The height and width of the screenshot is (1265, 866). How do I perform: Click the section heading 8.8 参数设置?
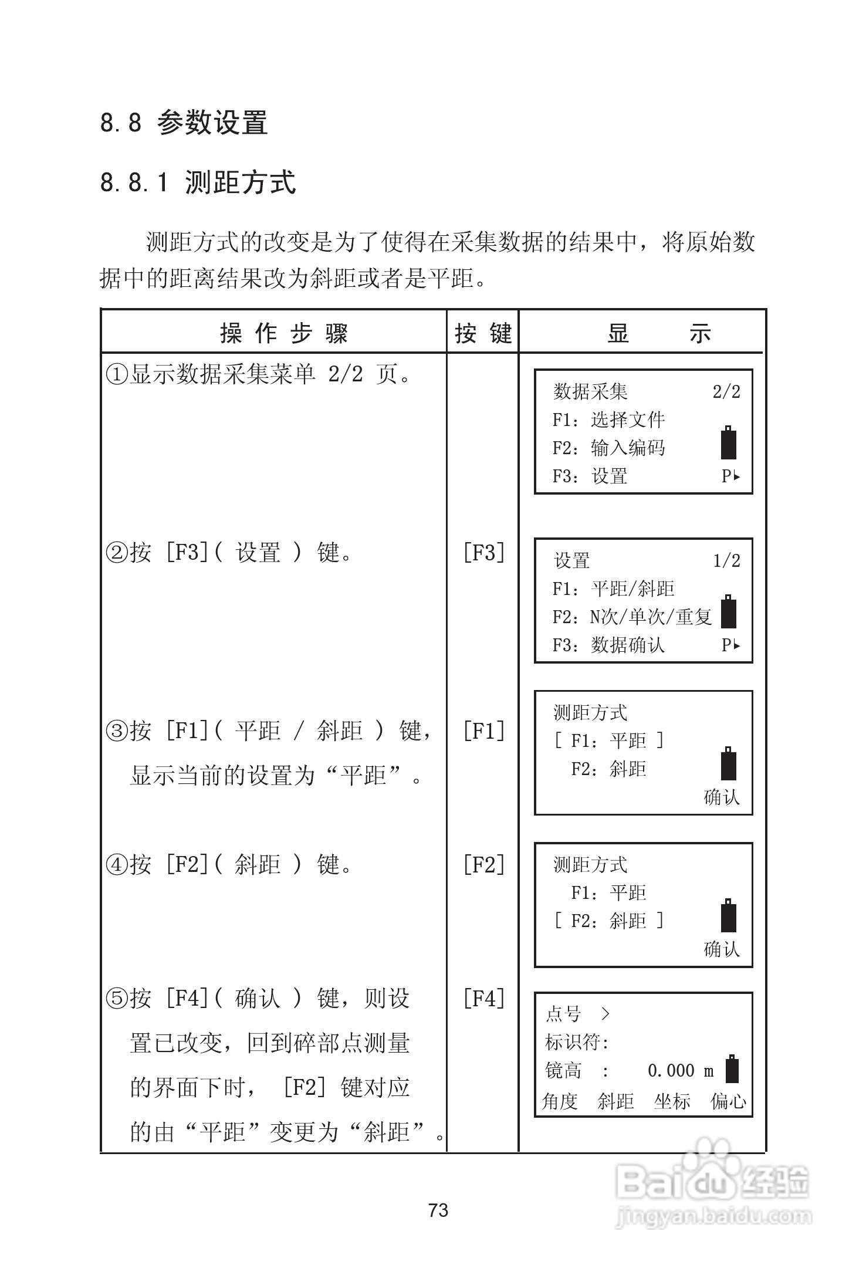pyautogui.click(x=184, y=123)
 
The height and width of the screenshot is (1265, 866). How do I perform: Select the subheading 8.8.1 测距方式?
pyautogui.click(x=198, y=182)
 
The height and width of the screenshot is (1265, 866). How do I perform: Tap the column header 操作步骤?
pyautogui.click(x=284, y=333)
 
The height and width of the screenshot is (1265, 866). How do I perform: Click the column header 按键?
pyautogui.click(x=483, y=333)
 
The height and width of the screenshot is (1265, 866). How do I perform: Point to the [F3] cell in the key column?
pyautogui.click(x=483, y=552)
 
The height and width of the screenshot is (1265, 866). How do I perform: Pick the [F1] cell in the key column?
pyautogui.click(x=483, y=730)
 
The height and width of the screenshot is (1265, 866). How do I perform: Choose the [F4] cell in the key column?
pyautogui.click(x=483, y=998)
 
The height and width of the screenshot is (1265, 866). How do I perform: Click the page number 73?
pyautogui.click(x=438, y=1210)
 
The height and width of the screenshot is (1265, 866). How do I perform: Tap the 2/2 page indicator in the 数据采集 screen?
pyautogui.click(x=726, y=391)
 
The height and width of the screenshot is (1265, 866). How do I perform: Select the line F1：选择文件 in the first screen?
pyautogui.click(x=608, y=420)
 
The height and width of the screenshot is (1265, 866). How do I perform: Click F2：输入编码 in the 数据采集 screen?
pyautogui.click(x=608, y=448)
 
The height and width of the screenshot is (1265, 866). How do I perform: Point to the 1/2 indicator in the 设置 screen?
pyautogui.click(x=726, y=560)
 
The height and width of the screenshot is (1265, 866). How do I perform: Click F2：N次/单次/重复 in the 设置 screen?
pyautogui.click(x=632, y=617)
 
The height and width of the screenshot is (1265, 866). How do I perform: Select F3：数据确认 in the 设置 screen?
pyautogui.click(x=608, y=645)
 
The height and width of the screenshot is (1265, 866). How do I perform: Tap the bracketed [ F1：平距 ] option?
pyautogui.click(x=608, y=740)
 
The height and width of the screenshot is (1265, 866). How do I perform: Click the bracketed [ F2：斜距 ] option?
pyautogui.click(x=608, y=921)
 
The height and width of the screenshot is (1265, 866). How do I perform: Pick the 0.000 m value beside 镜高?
pyautogui.click(x=681, y=1071)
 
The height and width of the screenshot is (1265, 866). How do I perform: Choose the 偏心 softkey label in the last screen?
pyautogui.click(x=728, y=1101)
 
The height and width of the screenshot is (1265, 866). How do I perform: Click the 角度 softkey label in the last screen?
pyautogui.click(x=560, y=1101)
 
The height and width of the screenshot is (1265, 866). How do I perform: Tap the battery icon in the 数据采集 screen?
pyautogui.click(x=728, y=442)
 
